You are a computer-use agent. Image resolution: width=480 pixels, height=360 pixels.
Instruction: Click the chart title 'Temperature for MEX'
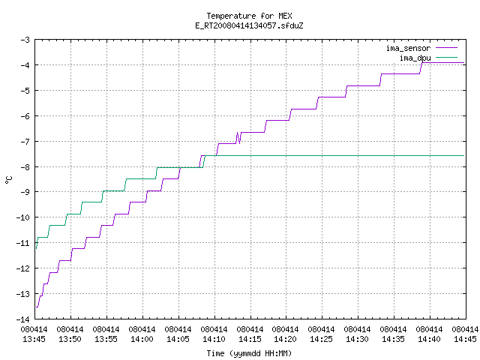pos(249,16)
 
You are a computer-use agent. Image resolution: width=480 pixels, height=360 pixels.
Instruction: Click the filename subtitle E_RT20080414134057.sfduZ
pos(249,25)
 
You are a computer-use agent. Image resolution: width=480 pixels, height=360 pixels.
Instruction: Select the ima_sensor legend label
pos(408,48)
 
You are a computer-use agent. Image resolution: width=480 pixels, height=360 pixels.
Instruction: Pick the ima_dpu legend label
pos(415,58)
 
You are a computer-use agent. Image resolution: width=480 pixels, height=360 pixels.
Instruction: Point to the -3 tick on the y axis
pos(25,40)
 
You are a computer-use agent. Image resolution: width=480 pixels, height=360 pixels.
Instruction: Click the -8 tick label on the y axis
pos(25,167)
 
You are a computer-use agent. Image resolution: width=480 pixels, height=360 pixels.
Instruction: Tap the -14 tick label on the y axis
pos(23,319)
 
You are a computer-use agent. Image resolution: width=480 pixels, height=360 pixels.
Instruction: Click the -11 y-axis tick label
pos(23,243)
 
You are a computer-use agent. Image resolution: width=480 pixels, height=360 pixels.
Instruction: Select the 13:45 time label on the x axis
pos(34,339)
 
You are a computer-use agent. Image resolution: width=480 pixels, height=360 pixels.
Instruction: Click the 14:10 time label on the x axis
pos(214,339)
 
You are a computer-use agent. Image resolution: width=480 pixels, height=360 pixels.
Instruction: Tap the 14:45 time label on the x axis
pos(465,339)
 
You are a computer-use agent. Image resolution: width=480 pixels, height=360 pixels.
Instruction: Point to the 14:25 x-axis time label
pos(321,339)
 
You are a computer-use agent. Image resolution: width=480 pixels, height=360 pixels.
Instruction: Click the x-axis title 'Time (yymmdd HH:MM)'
pos(249,353)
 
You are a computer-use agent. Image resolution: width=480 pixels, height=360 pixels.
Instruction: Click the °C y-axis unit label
pos(8,180)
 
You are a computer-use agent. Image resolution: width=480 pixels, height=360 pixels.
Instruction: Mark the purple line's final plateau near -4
pos(443,63)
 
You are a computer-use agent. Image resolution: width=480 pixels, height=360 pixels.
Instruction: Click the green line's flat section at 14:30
pos(357,156)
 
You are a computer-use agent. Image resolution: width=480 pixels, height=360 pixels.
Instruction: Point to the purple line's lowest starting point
pos(37,307)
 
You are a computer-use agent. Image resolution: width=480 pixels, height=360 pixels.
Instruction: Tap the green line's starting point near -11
pos(37,248)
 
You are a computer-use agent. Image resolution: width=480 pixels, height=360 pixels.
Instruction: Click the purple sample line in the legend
pos(446,48)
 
